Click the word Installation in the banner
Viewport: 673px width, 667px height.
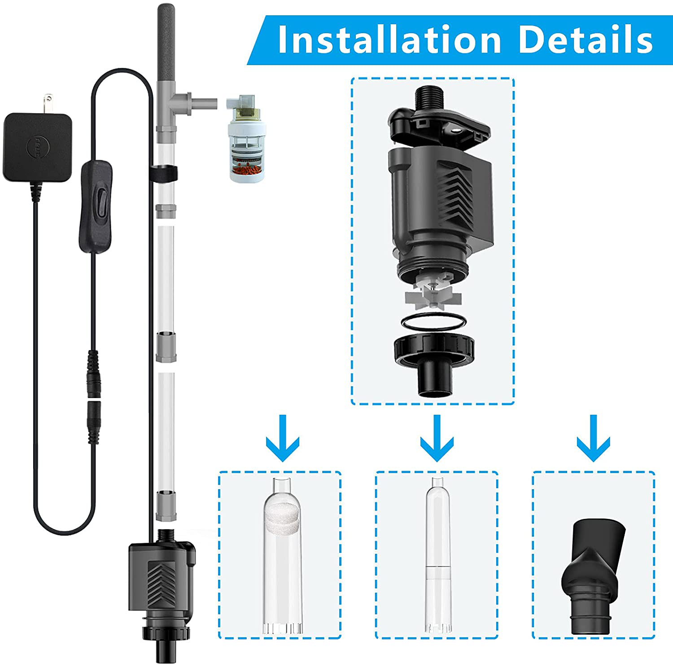tap(389, 39)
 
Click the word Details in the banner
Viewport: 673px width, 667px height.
tap(586, 39)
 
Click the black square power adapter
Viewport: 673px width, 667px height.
tap(38, 147)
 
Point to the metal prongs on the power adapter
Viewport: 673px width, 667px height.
tap(48, 104)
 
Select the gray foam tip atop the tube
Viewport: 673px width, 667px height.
tap(166, 43)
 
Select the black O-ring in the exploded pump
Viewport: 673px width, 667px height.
tap(433, 322)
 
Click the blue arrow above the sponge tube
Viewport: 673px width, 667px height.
tap(283, 438)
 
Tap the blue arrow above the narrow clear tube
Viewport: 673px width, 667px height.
tap(437, 438)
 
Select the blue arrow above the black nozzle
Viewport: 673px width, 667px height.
tap(593, 438)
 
